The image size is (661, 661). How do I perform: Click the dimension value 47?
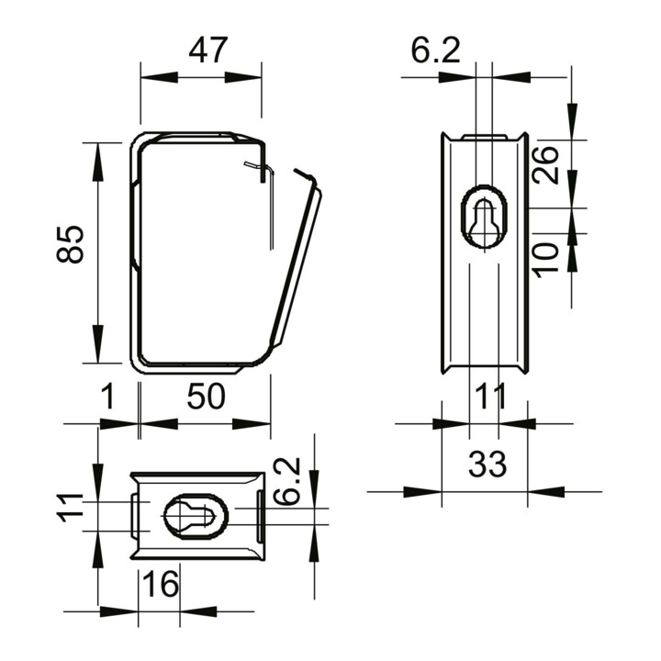[x=208, y=50]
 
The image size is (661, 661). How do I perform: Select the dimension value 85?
[x=71, y=244]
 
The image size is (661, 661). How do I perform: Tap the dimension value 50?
[x=207, y=397]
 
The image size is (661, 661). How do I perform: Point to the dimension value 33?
[x=487, y=464]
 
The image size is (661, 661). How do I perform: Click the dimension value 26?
[x=544, y=165]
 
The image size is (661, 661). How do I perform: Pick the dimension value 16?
[x=160, y=584]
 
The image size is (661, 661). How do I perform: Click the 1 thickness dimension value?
[x=108, y=397]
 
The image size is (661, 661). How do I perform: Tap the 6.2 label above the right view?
[x=436, y=50]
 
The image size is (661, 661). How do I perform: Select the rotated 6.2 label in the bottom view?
[x=286, y=481]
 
